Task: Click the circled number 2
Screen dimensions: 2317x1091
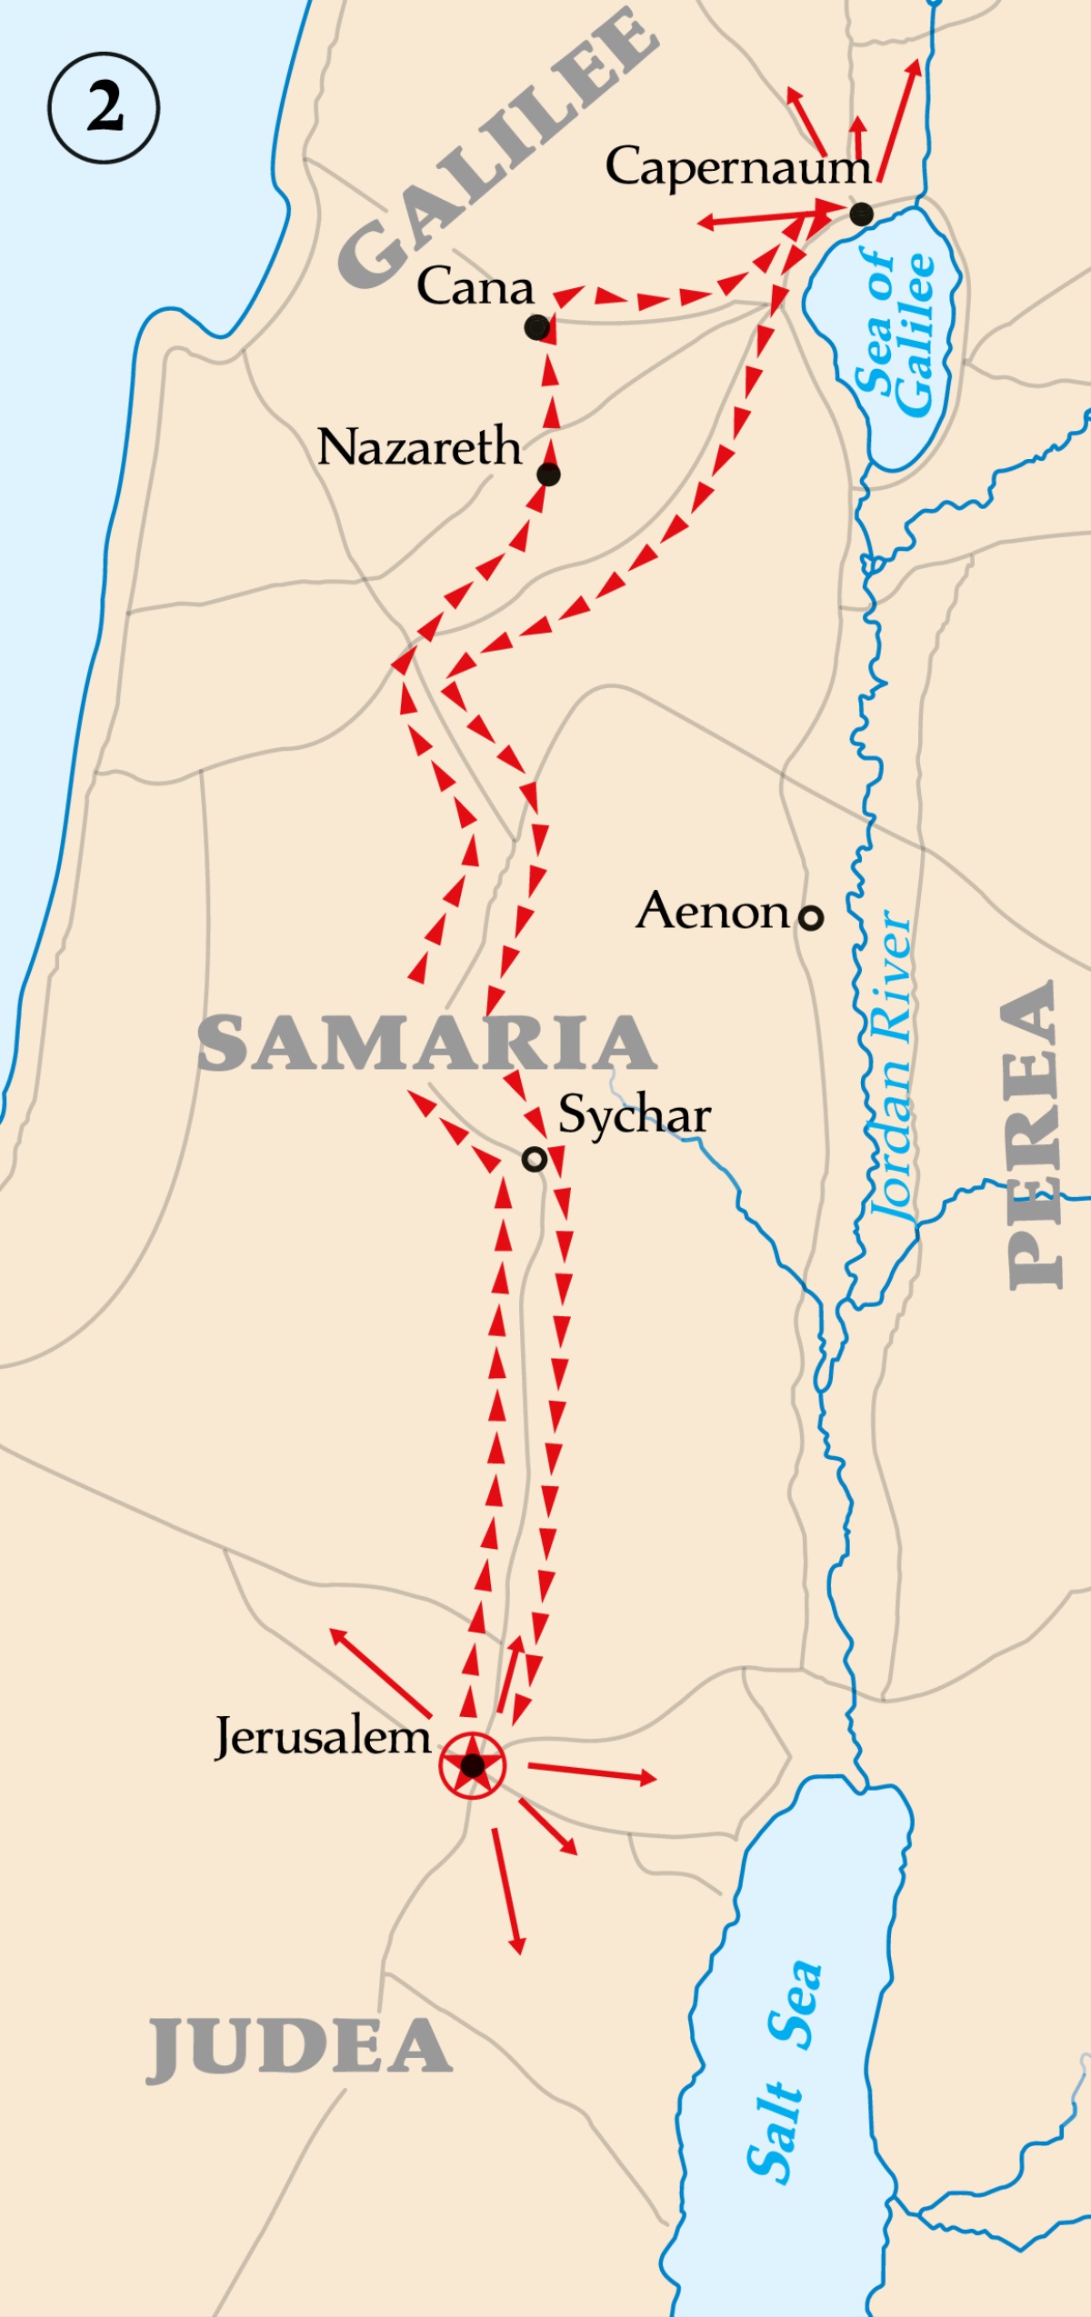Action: pyautogui.click(x=104, y=107)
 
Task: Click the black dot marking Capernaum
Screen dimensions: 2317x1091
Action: pyautogui.click(x=862, y=215)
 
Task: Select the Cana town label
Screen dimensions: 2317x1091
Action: pyautogui.click(x=475, y=287)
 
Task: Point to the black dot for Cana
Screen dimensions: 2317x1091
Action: pyautogui.click(x=537, y=327)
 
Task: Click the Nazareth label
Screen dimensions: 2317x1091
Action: pyautogui.click(x=419, y=447)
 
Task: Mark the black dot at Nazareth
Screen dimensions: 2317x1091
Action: pyautogui.click(x=548, y=474)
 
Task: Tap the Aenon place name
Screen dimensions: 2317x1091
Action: pyautogui.click(x=714, y=911)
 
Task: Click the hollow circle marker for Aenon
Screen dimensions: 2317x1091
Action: pyautogui.click(x=810, y=917)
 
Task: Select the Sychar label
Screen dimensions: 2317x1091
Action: pyautogui.click(x=634, y=1115)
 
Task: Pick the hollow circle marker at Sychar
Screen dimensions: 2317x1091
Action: pyautogui.click(x=535, y=1159)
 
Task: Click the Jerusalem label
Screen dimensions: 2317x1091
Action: pyautogui.click(x=323, y=1737)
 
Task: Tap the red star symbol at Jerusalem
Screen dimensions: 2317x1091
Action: pyautogui.click(x=472, y=1765)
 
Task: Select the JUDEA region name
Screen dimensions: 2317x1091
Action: pyautogui.click(x=299, y=2047)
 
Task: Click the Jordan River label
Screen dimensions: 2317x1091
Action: pyautogui.click(x=891, y=1064)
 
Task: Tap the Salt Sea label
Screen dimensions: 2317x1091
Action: pyautogui.click(x=784, y=2072)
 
